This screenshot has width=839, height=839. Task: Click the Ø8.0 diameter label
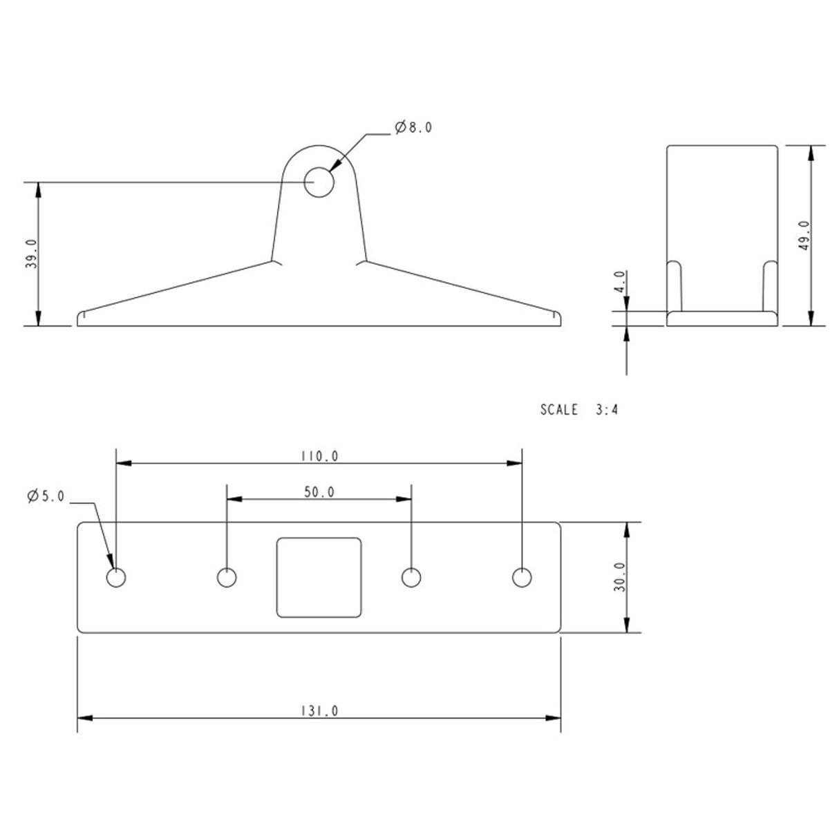(414, 127)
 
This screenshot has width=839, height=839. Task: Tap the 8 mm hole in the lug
(319, 182)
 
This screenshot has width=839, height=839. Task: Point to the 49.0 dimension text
(803, 236)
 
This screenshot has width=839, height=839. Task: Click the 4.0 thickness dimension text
(619, 283)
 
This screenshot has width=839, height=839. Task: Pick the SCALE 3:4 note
(578, 409)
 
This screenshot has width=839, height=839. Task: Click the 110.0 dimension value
(319, 456)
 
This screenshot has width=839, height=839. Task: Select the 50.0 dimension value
(319, 492)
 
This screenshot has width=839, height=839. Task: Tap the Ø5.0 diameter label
(46, 496)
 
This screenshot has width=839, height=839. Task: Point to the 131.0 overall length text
(319, 710)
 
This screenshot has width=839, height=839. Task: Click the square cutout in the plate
(319, 577)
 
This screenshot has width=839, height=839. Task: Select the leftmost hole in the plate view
(116, 577)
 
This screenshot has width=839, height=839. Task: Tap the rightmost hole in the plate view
(522, 577)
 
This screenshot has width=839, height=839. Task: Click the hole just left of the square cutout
(226, 577)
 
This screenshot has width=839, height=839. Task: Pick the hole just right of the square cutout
(412, 577)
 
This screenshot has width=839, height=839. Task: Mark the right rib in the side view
(769, 285)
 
